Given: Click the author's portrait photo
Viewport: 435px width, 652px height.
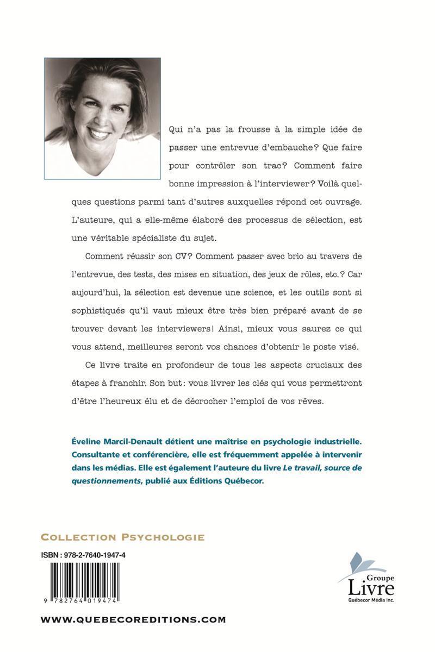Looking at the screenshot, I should pyautogui.click(x=103, y=118).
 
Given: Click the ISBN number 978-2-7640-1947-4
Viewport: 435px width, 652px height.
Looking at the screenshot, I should pyautogui.click(x=94, y=555).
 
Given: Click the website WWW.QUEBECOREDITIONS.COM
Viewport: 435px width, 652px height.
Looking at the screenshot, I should pyautogui.click(x=133, y=619).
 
